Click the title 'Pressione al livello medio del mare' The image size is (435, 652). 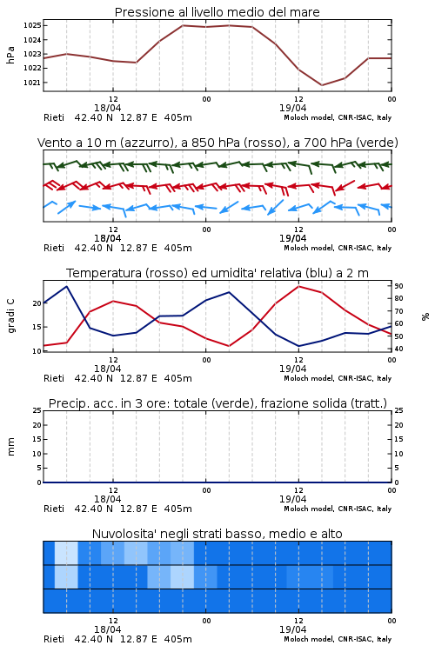click(x=217, y=12)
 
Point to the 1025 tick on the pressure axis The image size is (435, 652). click(x=32, y=25)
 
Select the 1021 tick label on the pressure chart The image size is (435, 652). click(x=32, y=83)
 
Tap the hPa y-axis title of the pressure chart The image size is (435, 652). click(x=10, y=55)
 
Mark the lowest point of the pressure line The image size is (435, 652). click(x=322, y=85)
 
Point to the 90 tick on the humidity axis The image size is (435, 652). click(x=398, y=286)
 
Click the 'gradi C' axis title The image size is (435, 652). click(x=10, y=316)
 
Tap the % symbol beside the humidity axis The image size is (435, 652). click(x=425, y=316)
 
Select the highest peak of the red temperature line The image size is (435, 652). click(x=299, y=286)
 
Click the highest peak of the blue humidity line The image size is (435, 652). click(x=67, y=286)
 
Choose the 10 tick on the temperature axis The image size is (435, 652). click(x=37, y=351)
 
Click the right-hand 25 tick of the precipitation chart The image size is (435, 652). click(x=398, y=410)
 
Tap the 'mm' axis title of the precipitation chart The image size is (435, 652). click(x=10, y=447)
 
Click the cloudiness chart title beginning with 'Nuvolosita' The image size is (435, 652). click(x=217, y=534)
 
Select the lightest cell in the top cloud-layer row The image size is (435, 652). click(x=67, y=553)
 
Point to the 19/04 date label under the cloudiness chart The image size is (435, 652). click(x=292, y=629)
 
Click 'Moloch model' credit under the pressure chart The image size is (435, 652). click(x=308, y=117)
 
